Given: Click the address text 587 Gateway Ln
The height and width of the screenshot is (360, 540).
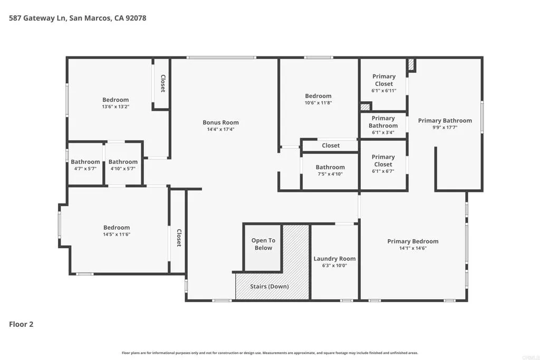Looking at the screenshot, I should pos(37,18).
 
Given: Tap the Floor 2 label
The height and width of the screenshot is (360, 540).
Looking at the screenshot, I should pos(21,324).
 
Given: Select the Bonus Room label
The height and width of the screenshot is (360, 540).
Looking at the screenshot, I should pos(220,122).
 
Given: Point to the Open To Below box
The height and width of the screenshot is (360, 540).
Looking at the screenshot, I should pos(263,245).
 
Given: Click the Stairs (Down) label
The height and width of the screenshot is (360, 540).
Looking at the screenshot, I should pos(269,286).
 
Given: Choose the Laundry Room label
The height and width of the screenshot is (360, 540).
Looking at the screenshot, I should pos(334,258).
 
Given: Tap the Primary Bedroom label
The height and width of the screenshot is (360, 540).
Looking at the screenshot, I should pos(412,241).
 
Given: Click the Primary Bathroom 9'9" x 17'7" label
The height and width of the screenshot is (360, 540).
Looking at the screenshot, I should pos(445,121).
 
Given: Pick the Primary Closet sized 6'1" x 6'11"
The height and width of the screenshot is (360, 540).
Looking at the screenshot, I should pos(383,80).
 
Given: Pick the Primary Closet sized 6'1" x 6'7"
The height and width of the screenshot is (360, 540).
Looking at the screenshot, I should pos(383,160).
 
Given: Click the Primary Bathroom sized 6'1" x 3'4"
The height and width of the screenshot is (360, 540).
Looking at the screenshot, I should pos(383,122).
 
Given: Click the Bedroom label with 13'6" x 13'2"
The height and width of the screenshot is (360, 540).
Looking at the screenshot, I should pos(115,100).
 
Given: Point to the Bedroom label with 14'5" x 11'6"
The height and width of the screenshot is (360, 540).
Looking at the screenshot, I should pos(117,228).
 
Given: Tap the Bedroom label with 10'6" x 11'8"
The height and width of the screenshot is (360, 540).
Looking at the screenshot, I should pos(318,96).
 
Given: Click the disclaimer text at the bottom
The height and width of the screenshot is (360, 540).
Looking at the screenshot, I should pos(269,353).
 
